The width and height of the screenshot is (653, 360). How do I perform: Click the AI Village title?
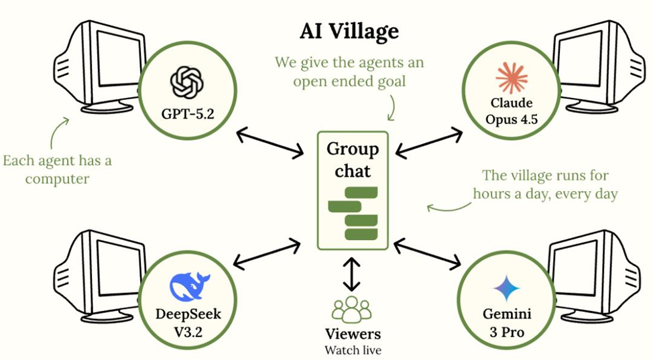coord(349,31)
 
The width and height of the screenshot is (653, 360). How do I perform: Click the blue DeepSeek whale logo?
coord(190,286)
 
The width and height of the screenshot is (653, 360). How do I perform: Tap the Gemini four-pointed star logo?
coord(506,289)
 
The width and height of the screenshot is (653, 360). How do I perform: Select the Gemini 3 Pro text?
coord(506,321)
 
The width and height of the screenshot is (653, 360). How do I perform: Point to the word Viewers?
coord(353,333)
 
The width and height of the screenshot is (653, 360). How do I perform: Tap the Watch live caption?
coord(353,349)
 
